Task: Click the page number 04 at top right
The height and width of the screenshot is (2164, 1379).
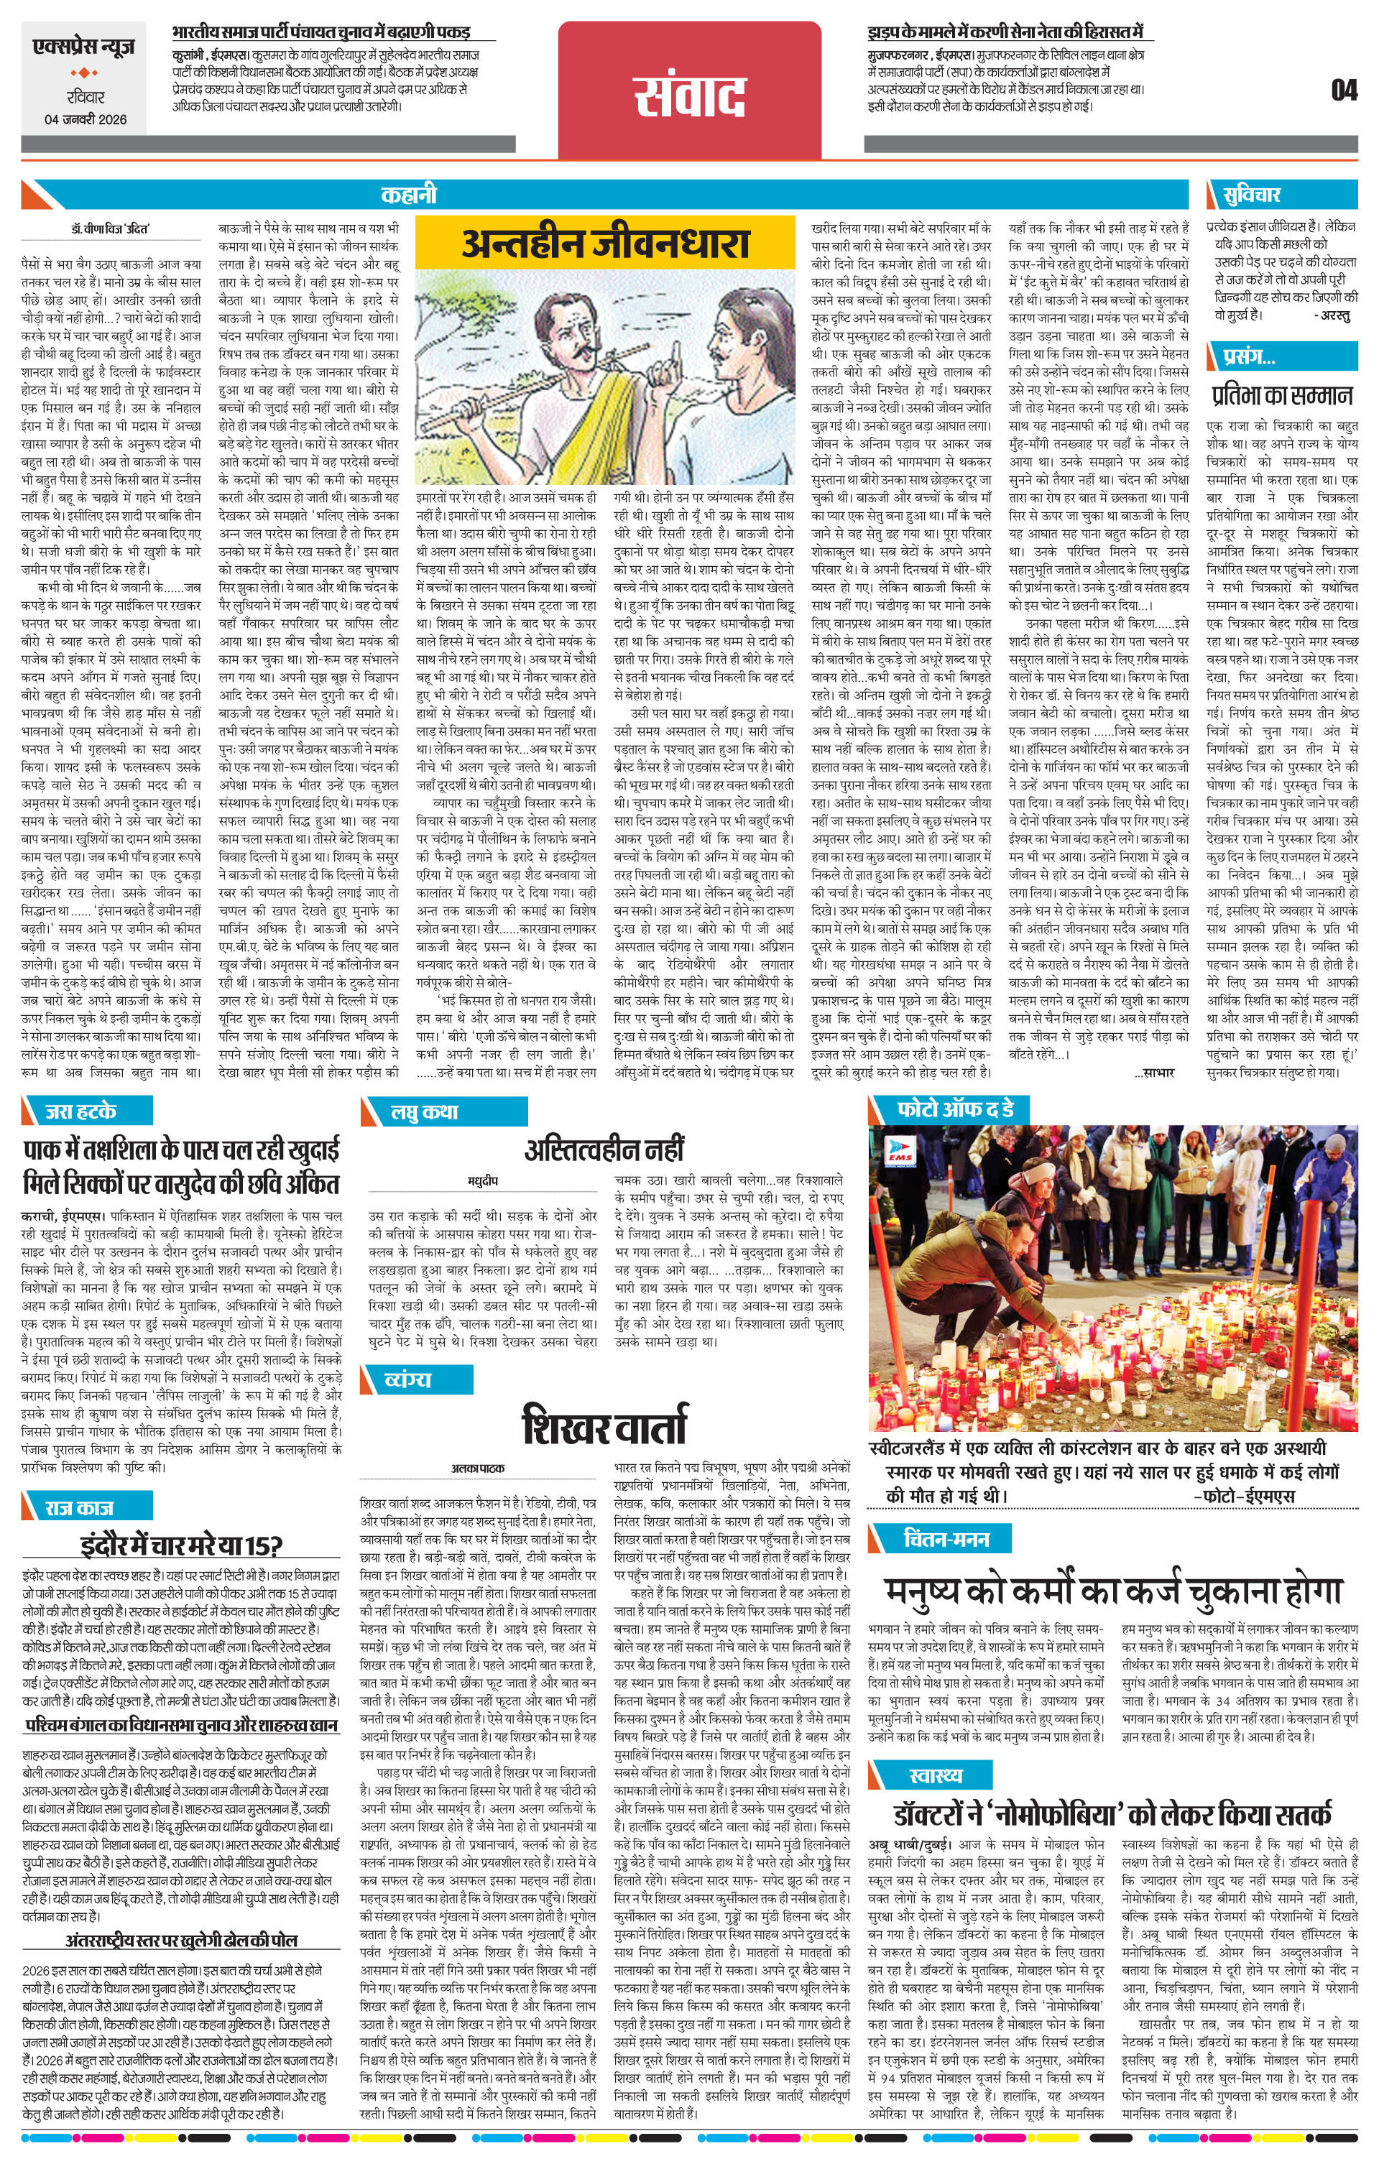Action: point(1344,91)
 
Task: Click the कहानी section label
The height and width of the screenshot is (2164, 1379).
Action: point(408,194)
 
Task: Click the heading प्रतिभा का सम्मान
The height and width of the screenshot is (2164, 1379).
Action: point(1281,395)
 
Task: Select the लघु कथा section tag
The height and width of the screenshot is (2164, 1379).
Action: point(423,1111)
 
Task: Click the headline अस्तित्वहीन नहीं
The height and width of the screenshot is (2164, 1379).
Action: point(604,1150)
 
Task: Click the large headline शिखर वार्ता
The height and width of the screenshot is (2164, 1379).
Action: point(604,1425)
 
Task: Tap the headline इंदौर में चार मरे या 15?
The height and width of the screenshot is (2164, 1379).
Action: point(182,1545)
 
